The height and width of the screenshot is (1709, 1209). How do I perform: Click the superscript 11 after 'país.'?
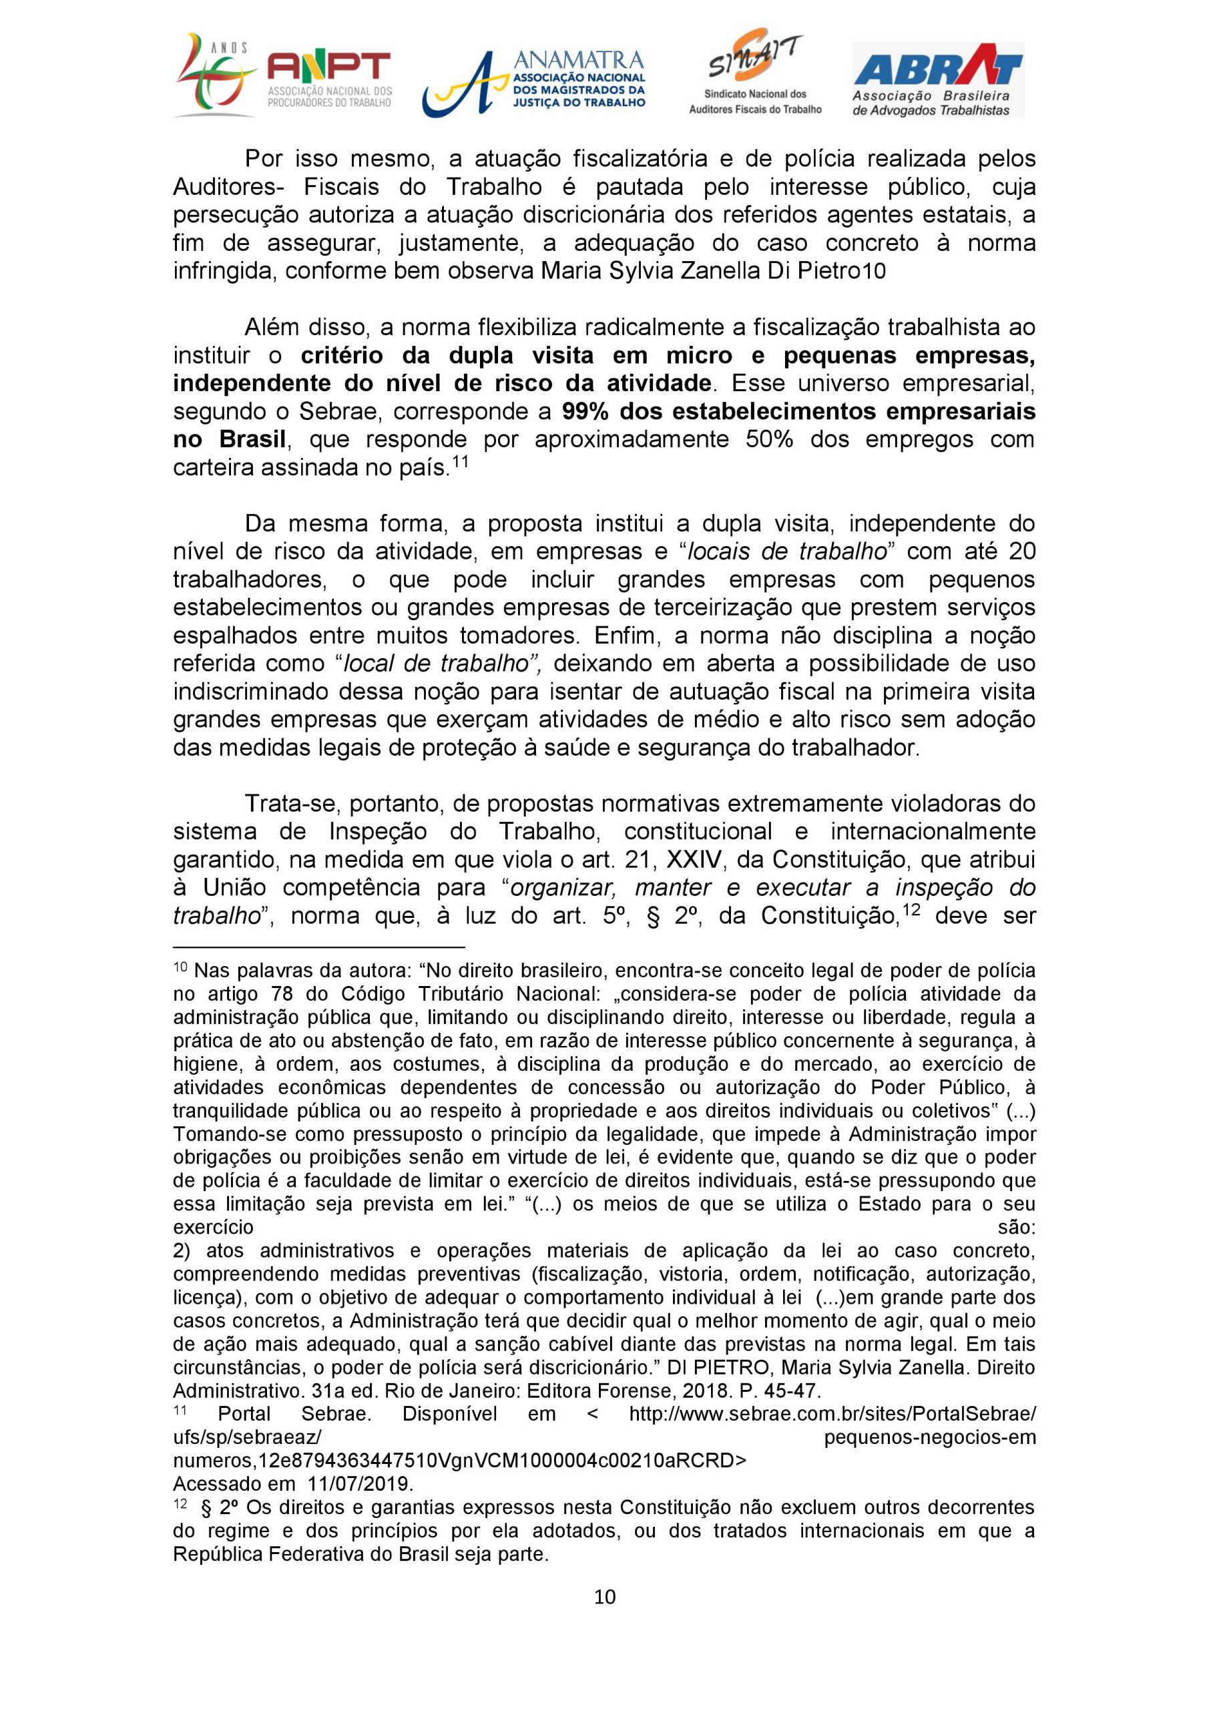459,461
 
